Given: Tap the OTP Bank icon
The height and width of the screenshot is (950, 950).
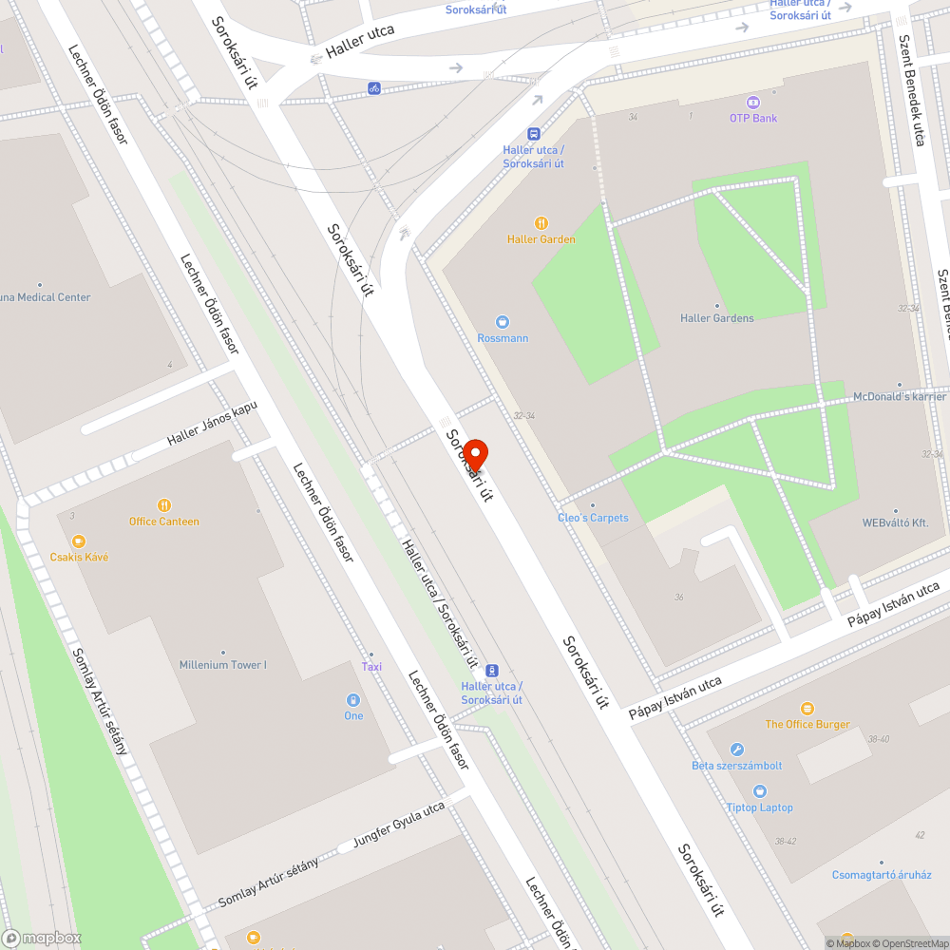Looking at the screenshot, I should tap(753, 102).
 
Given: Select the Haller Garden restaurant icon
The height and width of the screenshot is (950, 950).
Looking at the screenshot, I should tap(541, 223).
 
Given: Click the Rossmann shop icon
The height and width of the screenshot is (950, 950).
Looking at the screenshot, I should tap(503, 322).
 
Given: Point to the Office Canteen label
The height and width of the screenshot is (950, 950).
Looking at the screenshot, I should tap(164, 522).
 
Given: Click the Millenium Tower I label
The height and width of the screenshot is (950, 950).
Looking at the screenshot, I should tap(223, 665).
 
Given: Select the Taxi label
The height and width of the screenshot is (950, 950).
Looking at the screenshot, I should tap(371, 666).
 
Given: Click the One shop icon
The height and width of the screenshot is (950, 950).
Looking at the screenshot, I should tap(353, 700).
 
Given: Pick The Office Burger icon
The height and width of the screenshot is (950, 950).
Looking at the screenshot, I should tap(807, 709).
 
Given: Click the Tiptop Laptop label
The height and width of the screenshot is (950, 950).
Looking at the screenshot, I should tap(760, 807).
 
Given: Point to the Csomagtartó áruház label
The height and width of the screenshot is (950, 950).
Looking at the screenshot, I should tap(882, 875).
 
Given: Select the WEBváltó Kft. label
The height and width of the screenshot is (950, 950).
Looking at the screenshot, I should tap(895, 522).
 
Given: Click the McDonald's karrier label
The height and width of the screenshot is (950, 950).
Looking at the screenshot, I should tap(899, 396).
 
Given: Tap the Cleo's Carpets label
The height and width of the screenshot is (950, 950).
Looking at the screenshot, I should tap(593, 518).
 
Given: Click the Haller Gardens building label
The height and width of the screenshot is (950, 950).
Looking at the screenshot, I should tap(717, 318).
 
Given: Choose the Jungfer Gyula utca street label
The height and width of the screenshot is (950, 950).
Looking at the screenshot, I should tap(399, 824).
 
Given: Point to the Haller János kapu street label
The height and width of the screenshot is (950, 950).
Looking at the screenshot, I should tap(212, 425).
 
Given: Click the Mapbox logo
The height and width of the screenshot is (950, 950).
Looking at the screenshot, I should tap(43, 938).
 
